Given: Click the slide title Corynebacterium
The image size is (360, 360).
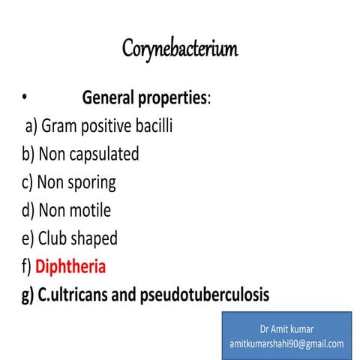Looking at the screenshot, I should (180, 50).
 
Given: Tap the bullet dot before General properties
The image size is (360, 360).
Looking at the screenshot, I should (24, 96).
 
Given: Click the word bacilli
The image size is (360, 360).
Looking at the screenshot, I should (153, 125).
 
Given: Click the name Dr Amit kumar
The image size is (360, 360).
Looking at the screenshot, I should (286, 330).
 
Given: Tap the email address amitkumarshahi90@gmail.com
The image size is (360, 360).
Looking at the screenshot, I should (286, 343).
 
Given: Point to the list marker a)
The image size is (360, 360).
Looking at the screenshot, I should (31, 126).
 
